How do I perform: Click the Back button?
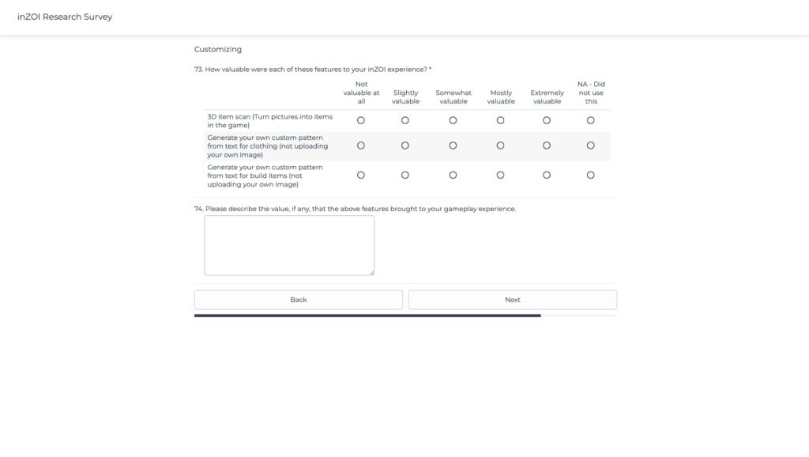point(298,300)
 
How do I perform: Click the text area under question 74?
point(289,245)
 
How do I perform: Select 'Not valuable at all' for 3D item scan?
point(361,120)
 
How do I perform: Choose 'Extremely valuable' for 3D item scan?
point(547,120)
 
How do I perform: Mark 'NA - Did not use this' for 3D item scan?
point(591,120)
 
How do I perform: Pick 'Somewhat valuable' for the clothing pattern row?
point(453,145)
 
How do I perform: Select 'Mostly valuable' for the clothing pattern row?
point(500,145)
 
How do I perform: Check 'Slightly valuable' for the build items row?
point(405,175)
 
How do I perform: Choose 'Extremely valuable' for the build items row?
point(547,175)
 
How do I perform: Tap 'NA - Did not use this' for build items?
point(591,175)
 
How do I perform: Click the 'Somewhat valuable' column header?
point(453,97)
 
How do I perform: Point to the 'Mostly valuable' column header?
point(501,97)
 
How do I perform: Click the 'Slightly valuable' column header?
point(405,97)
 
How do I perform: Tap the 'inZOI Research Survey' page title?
point(65,17)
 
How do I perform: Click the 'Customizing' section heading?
point(218,49)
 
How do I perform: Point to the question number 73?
point(198,70)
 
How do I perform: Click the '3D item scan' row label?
point(269,121)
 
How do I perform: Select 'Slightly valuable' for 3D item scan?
point(405,120)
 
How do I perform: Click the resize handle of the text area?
point(371,272)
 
